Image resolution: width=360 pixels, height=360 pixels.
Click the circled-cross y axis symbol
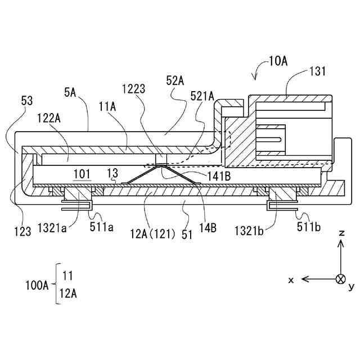(340, 279)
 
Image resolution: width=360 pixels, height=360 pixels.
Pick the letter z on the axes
(340, 233)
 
